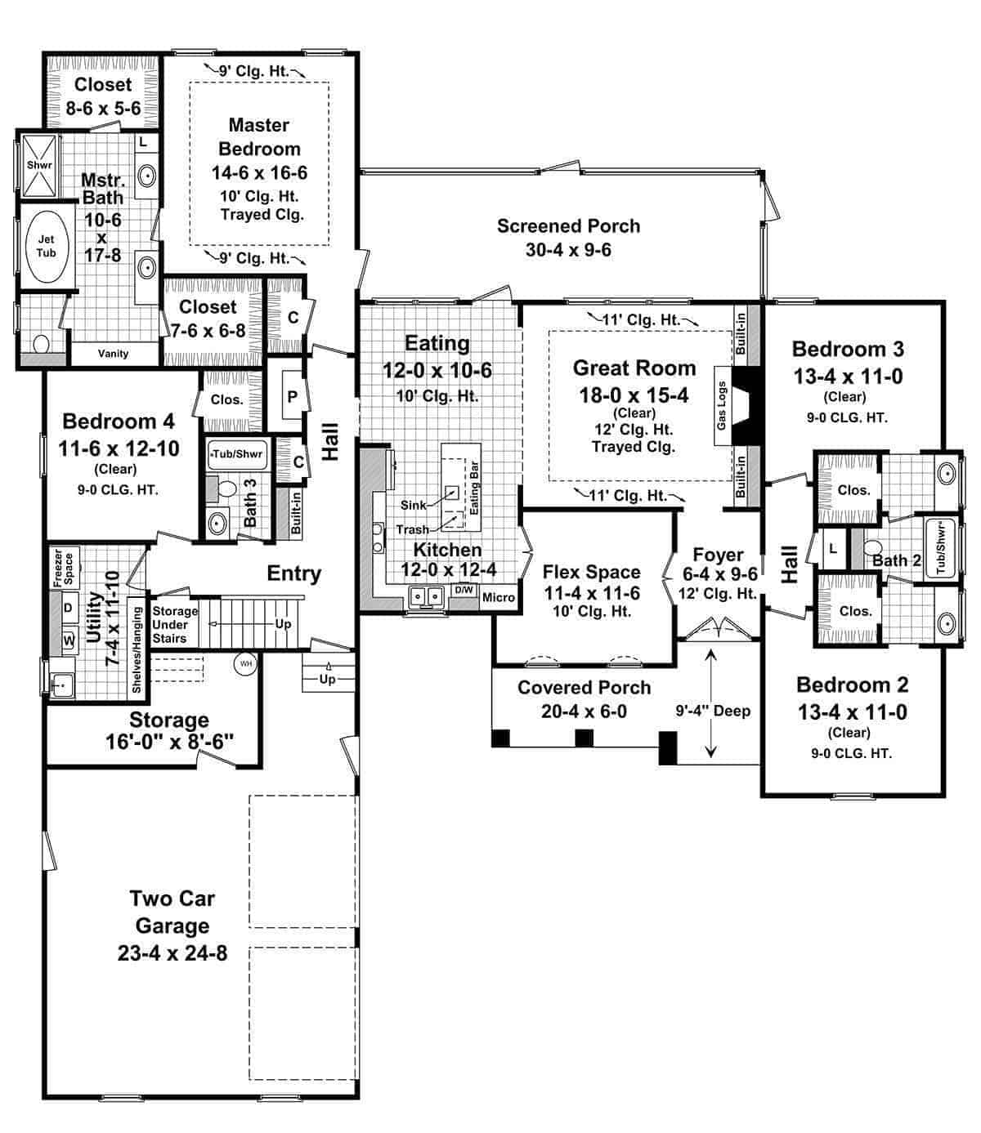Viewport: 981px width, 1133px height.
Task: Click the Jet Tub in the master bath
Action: coord(46,247)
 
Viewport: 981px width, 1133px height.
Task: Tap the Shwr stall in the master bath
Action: coord(39,165)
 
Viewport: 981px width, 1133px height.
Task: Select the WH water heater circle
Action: coord(245,664)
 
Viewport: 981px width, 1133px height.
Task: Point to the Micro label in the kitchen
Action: coord(498,597)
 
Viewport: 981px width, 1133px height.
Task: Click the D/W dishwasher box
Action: coord(464,591)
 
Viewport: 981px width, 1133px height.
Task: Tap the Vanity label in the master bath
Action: coord(113,354)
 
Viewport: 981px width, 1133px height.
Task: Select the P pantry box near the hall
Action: coord(292,398)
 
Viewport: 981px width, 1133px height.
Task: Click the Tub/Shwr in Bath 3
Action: coord(237,454)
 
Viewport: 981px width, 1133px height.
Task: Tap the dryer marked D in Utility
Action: coord(68,609)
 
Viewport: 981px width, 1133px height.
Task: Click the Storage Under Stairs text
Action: coord(174,625)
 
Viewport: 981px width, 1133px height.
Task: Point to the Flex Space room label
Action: coord(591,572)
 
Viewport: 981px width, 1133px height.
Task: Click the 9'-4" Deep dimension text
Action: coord(713,711)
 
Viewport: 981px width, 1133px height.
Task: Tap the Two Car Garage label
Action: coord(172,926)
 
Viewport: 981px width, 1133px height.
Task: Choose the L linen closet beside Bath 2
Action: coord(832,549)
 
